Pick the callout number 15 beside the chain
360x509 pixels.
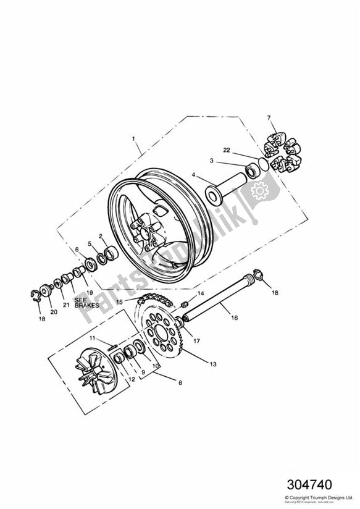click(x=120, y=301)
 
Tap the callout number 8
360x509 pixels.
click(x=180, y=383)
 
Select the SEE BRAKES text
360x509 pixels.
click(x=86, y=303)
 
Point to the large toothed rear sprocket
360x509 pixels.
click(x=165, y=334)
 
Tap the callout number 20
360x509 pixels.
click(x=54, y=312)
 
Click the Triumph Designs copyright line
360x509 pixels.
click(x=319, y=497)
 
